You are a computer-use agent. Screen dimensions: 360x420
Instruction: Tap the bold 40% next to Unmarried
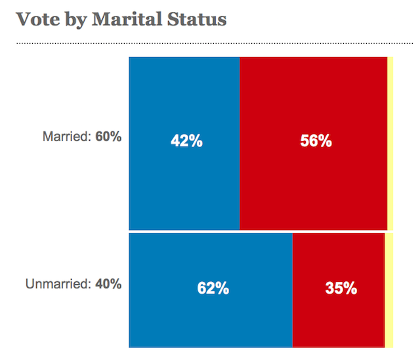click(x=108, y=284)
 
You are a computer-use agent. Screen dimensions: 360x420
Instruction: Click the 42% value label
click(x=186, y=141)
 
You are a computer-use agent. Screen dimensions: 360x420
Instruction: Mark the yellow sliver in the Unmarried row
click(x=388, y=290)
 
